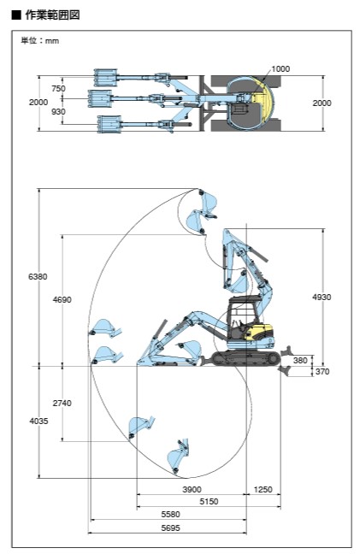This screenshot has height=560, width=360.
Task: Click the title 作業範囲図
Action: point(52,15)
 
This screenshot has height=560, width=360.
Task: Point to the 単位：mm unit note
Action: point(39,41)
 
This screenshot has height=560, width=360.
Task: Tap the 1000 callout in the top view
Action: point(280,69)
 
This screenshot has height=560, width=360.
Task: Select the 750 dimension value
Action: point(58,89)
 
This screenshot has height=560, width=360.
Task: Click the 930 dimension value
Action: point(58,112)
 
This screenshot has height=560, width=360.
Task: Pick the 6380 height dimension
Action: point(38,276)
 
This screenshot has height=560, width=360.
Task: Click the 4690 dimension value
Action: point(62,299)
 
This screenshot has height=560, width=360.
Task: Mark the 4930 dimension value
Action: point(322,297)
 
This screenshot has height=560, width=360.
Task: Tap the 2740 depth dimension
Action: point(62,404)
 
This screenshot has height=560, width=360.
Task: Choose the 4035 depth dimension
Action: point(38,421)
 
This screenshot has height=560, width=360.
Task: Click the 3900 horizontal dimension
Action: point(192,490)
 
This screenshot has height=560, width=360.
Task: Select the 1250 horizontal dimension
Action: point(263,490)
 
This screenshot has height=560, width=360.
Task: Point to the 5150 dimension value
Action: point(209,502)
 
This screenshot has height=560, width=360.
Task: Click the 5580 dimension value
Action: point(171,515)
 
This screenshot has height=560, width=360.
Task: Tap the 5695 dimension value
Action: point(171,528)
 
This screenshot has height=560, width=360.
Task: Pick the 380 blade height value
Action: point(300,360)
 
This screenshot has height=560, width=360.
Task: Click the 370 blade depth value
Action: point(322,372)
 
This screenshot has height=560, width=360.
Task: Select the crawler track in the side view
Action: point(245,358)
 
